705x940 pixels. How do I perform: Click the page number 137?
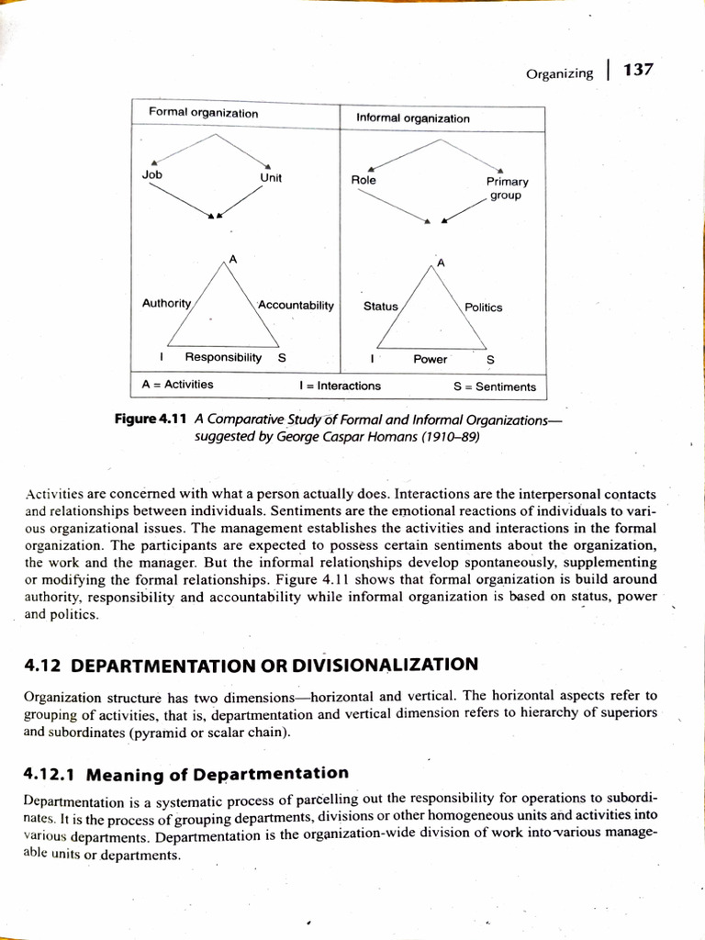point(637,70)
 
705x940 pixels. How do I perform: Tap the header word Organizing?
point(559,73)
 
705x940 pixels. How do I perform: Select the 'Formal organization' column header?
point(203,113)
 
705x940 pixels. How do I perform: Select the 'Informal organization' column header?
point(412,118)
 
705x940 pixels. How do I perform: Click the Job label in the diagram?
point(151,173)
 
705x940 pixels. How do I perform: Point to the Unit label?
point(271,178)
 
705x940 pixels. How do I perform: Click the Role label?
point(364,180)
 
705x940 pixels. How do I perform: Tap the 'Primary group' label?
point(507,188)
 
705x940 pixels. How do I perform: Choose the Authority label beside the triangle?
point(166,302)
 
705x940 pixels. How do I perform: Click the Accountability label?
point(296,304)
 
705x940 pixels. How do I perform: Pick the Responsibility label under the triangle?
point(223,356)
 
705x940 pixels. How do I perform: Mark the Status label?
point(380,306)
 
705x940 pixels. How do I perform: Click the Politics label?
point(483,308)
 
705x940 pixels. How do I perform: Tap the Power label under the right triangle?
point(430,359)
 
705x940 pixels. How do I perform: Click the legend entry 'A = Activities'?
point(177,385)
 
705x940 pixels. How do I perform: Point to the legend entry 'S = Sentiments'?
point(494,386)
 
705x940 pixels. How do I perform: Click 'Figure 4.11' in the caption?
point(150,419)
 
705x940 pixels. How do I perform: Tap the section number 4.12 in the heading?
point(42,665)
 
